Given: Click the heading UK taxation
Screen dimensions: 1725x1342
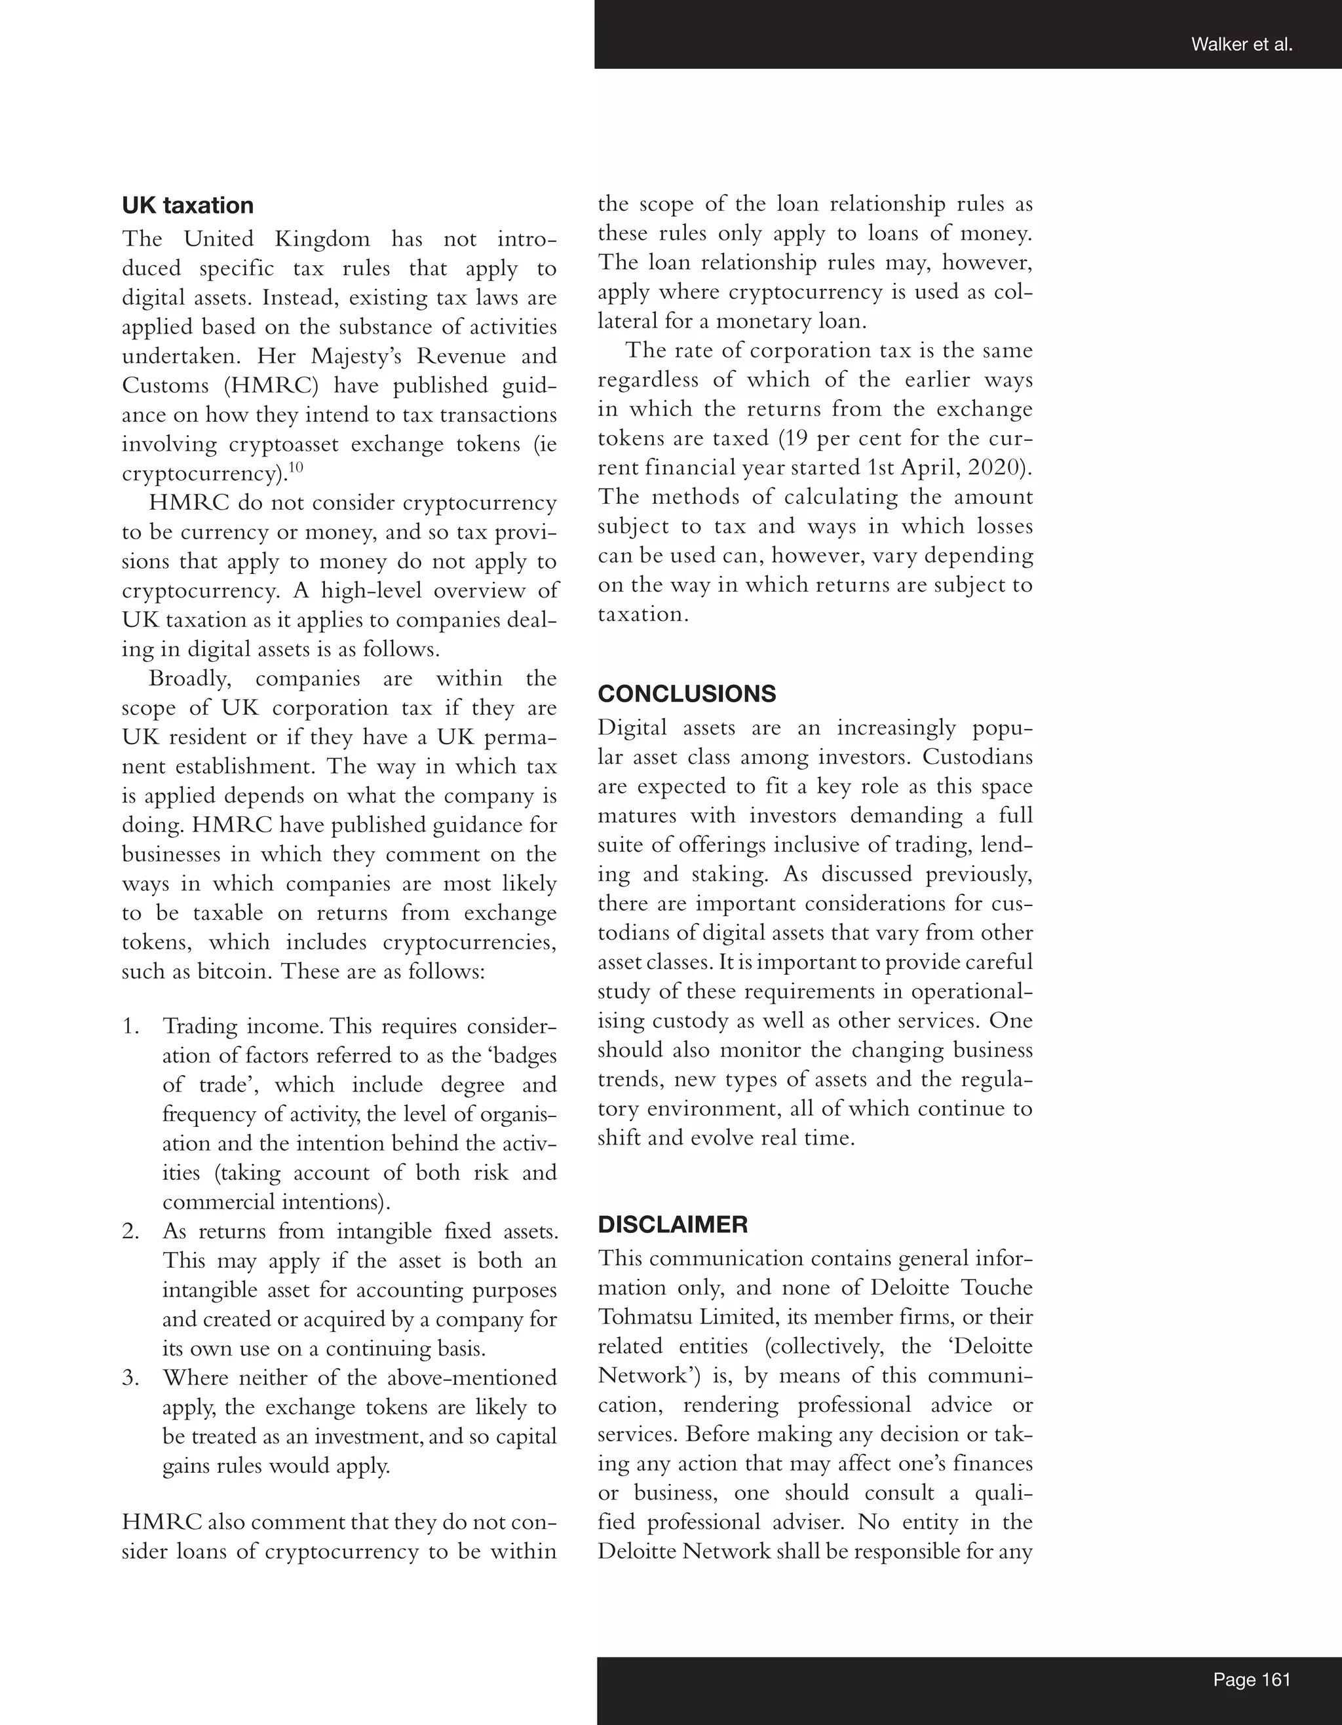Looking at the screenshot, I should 187,205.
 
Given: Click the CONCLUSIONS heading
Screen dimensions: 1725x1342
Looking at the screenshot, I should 687,694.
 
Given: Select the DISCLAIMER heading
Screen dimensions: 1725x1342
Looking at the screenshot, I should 672,1224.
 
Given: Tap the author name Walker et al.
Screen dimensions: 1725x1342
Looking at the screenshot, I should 1242,45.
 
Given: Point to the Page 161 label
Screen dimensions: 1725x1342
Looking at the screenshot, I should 1252,1679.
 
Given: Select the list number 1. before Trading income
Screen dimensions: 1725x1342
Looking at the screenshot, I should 131,1027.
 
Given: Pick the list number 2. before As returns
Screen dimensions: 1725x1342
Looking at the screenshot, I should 131,1232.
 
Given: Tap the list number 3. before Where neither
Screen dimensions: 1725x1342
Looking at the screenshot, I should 131,1378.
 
